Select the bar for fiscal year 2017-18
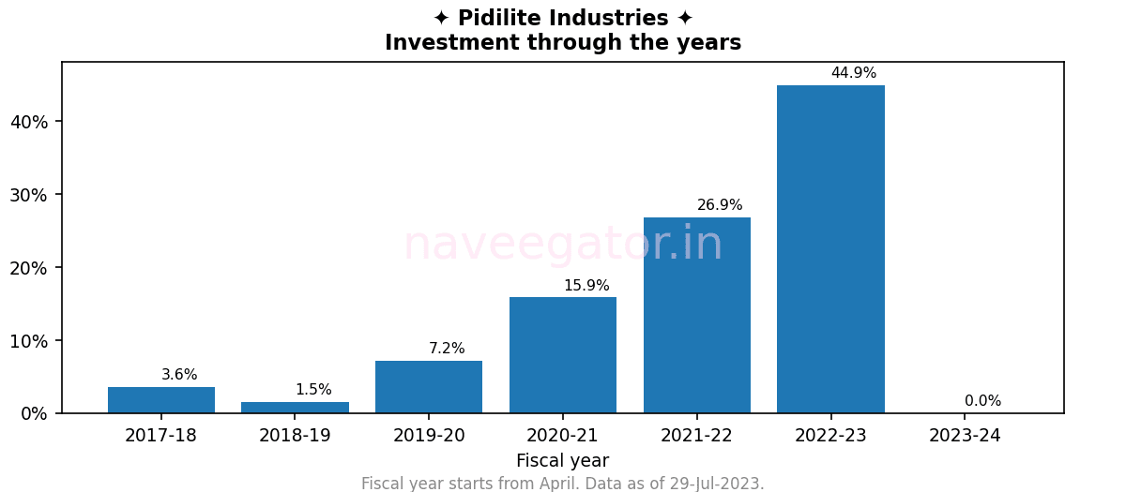click(x=161, y=400)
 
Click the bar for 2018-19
click(x=295, y=408)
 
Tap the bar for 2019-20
click(x=429, y=387)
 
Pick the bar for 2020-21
click(x=563, y=355)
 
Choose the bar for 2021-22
click(x=697, y=315)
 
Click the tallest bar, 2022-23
click(x=830, y=249)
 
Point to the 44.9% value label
click(x=854, y=73)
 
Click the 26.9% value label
click(x=720, y=205)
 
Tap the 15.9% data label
click(x=586, y=286)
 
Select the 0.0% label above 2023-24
click(x=982, y=401)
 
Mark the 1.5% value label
click(x=313, y=390)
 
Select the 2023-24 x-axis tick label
click(x=965, y=436)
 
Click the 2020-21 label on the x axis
click(x=563, y=436)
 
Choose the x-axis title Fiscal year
click(x=563, y=461)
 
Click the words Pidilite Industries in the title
click(x=563, y=19)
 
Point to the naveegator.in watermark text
click(x=563, y=245)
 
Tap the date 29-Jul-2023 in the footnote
click(x=715, y=484)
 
